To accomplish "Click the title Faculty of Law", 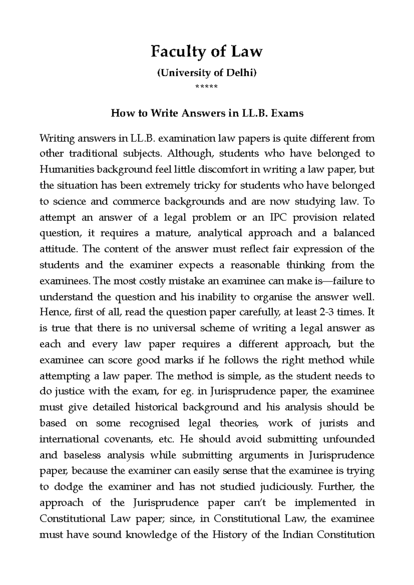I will tap(207, 52).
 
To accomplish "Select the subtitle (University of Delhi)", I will tap(207, 73).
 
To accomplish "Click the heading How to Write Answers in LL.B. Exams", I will tap(207, 113).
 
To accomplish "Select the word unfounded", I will tap(348, 440).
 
